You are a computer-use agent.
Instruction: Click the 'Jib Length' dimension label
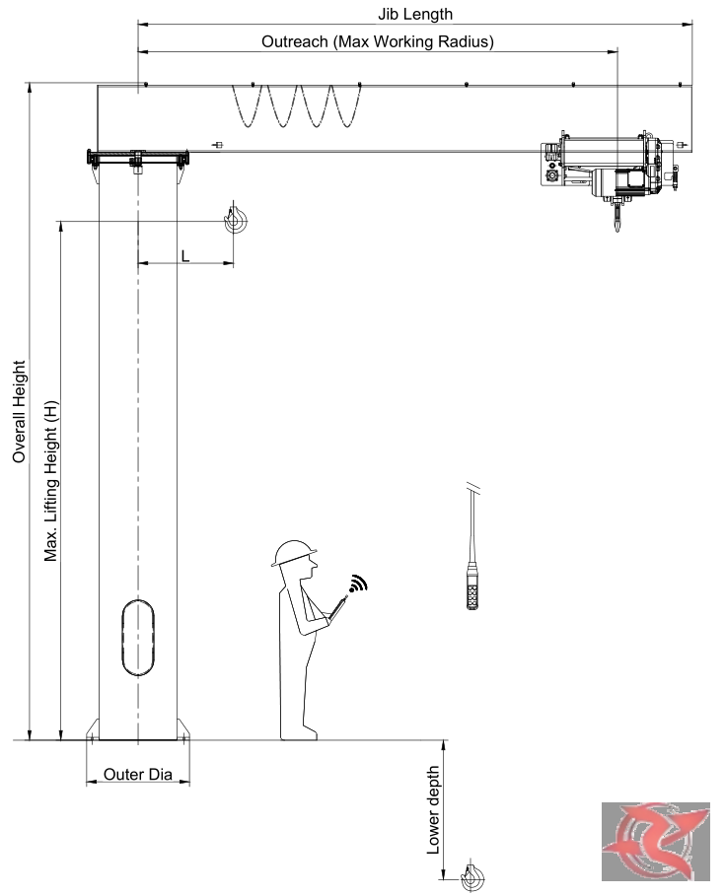pos(415,14)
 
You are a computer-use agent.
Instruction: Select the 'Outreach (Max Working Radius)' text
pos(378,41)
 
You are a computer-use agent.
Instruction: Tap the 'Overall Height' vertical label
pos(20,411)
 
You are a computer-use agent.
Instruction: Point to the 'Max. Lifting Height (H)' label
pos(51,481)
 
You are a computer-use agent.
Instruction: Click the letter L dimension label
pos(185,256)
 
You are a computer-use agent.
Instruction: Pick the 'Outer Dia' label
pos(138,775)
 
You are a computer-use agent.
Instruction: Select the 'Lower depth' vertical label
pos(433,810)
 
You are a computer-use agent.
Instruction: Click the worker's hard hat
pos(294,553)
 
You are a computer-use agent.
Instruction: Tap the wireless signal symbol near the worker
pos(359,583)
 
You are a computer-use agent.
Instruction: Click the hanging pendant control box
pos(472,586)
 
